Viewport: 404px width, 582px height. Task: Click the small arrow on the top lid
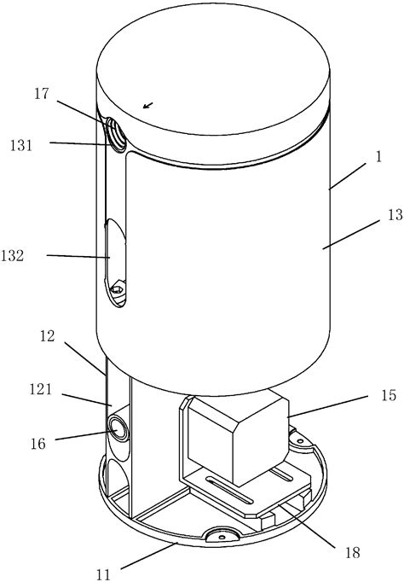(x=149, y=106)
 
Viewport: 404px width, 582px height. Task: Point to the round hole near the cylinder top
(x=114, y=134)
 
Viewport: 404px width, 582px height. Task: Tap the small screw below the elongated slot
(x=118, y=292)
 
